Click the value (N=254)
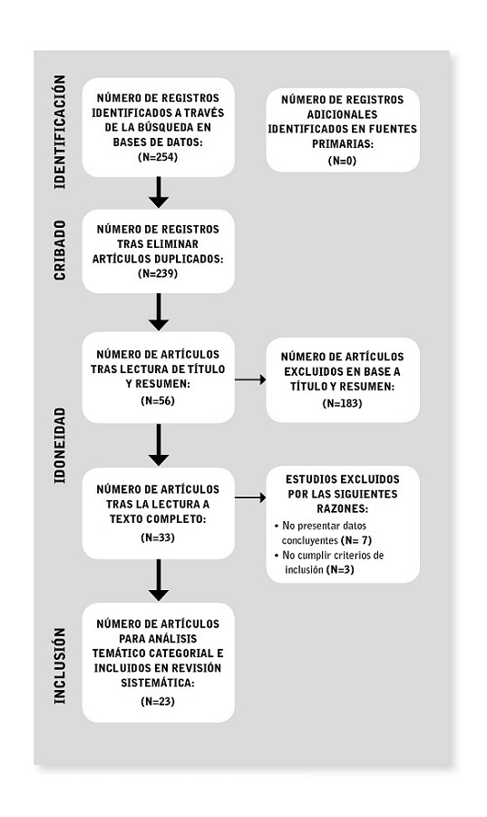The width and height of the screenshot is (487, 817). pos(158,156)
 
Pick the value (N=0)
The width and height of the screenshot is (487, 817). pos(342,160)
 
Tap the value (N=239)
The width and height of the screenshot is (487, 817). pos(158,273)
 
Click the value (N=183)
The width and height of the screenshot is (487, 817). pos(342,401)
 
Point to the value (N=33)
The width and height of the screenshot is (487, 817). pos(158,537)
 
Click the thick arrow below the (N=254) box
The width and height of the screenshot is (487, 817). pos(159,192)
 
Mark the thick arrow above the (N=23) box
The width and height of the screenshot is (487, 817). pos(159,580)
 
